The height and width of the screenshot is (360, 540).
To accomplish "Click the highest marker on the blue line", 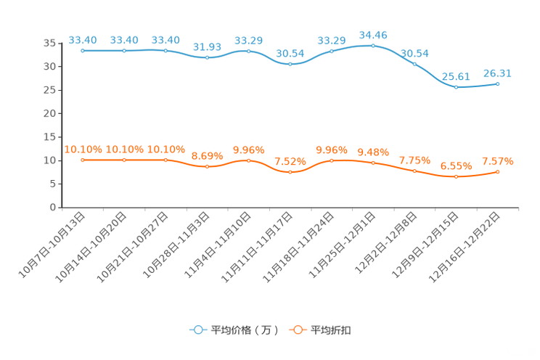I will point(373,46).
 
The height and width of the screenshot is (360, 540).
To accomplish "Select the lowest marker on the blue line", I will point(456,87).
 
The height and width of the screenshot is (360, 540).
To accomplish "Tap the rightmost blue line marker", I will point(498,83).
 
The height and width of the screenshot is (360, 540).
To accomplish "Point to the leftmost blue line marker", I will point(83,51).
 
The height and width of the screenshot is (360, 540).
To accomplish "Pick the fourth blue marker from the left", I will point(207,58).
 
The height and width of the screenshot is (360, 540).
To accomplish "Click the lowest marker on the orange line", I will point(456,176).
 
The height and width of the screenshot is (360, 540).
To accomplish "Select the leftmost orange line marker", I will point(83,159).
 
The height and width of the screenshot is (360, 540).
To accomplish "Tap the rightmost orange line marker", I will point(498,171).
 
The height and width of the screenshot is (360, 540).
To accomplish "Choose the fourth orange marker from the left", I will point(207,166).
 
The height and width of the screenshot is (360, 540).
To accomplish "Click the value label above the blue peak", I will point(373,34).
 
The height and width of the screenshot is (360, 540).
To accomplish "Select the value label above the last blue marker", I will point(498,72).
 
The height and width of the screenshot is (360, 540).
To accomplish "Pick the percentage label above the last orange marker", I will point(498,160).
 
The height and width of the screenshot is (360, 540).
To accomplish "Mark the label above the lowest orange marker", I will point(456,165).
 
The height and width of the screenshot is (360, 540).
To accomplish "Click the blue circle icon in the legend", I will point(198,330).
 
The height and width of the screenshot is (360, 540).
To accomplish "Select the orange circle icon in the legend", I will point(298,330).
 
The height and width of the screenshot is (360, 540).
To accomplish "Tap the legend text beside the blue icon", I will point(244,330).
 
